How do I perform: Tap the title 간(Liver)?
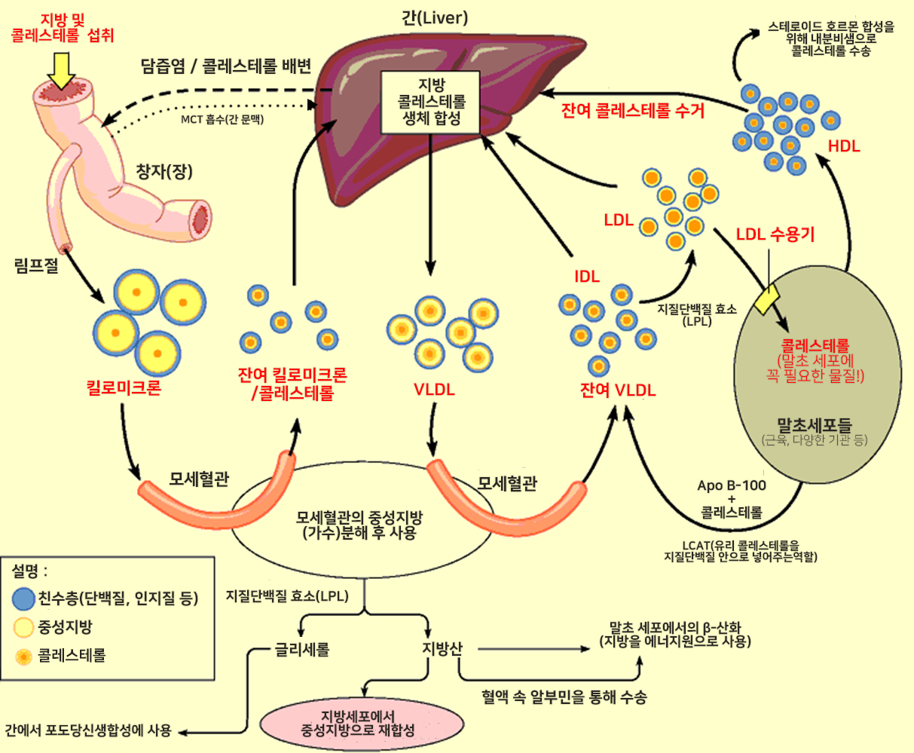pos(435,17)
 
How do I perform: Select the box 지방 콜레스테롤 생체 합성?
pos(431,102)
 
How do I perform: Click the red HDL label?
pos(843,146)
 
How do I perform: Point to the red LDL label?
pos(619,220)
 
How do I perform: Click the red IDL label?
pos(587,277)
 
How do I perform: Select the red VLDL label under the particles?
pos(434,390)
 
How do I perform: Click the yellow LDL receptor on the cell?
pos(770,301)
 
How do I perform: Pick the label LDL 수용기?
pos(775,234)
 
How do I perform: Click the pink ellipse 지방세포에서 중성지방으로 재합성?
pos(358,723)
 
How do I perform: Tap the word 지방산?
pos(442,649)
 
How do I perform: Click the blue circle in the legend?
pos(24,599)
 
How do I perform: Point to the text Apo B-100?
pos(731,485)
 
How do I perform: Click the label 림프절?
pos(36,265)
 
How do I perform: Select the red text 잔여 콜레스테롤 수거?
pos(633,111)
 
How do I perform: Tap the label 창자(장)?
pos(164,172)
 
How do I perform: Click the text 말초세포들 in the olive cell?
pos(815,424)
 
